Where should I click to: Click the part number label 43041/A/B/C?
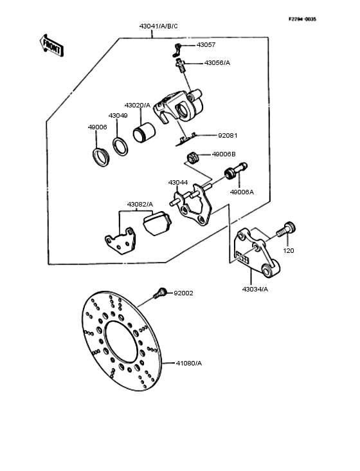(x=158, y=26)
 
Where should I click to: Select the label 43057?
(x=206, y=45)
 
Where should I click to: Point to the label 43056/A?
(x=217, y=63)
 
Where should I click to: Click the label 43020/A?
(x=137, y=105)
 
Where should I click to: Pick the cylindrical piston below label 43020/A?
(x=143, y=134)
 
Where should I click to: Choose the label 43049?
(x=118, y=115)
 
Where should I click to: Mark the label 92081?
(x=228, y=136)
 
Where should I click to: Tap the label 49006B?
(x=224, y=154)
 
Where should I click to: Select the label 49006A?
(x=242, y=192)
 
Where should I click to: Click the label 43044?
(x=178, y=182)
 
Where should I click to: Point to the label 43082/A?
(x=139, y=204)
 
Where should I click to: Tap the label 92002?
(x=183, y=293)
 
